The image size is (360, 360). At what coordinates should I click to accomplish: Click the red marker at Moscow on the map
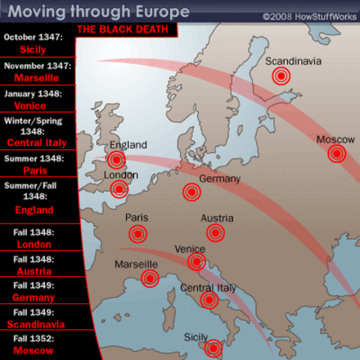(337, 154)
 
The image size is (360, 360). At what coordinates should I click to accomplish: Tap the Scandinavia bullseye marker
(281, 75)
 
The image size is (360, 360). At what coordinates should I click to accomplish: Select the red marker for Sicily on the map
(214, 348)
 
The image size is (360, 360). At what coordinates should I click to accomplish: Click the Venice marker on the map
(196, 261)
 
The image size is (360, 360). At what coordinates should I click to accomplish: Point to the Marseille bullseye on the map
(150, 279)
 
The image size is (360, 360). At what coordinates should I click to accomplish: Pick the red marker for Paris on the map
(138, 233)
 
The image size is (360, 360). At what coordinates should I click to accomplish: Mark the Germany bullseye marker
(192, 192)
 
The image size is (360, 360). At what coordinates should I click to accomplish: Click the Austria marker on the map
(217, 233)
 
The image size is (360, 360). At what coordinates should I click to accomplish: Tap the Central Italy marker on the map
(209, 301)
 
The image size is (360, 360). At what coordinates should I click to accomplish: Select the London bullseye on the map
(119, 188)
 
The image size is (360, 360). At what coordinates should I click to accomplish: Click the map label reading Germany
(220, 178)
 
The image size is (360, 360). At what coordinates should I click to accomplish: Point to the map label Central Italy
(208, 288)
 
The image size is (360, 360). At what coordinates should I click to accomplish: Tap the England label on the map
(128, 145)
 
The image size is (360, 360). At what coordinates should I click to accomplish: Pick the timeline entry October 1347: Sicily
(36, 43)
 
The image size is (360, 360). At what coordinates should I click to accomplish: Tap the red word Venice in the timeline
(35, 106)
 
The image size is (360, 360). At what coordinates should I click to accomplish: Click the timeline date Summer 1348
(35, 158)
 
